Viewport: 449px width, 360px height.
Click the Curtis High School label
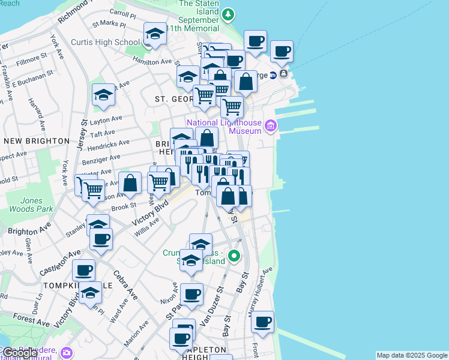pos(105,42)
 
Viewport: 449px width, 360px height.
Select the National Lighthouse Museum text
pos(224,127)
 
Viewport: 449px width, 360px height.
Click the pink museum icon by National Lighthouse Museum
pos(270,126)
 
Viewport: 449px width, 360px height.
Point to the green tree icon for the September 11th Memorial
pos(228,14)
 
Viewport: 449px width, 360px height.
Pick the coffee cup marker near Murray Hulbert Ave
pos(262,322)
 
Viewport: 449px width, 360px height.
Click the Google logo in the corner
pos(19,353)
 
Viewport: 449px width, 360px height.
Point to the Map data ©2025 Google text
pos(412,355)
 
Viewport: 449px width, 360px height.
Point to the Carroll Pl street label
pos(122,13)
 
